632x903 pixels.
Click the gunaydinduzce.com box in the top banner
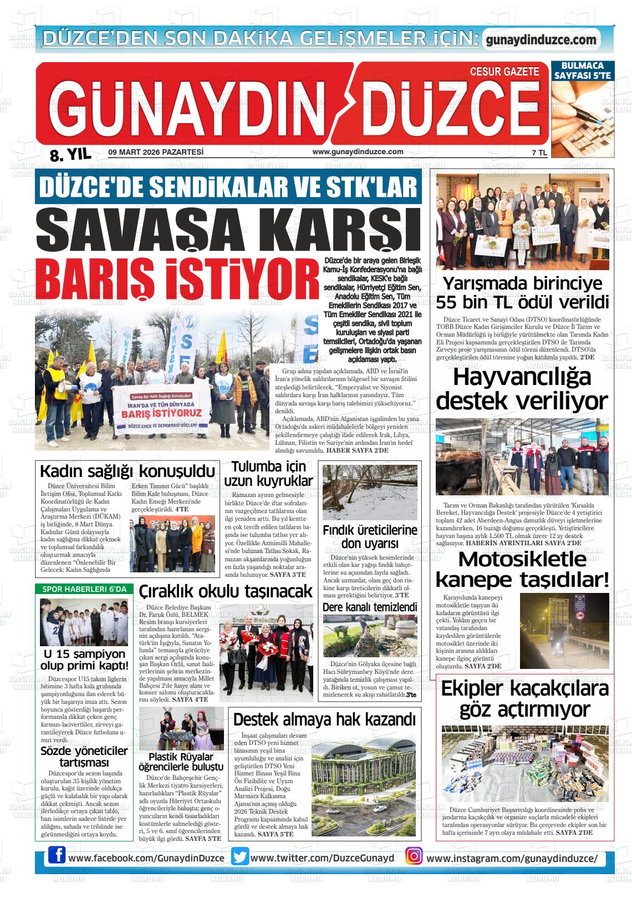(541, 39)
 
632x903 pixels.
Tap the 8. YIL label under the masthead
(70, 156)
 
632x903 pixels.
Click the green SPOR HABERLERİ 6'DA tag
(84, 589)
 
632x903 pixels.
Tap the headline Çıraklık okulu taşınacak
(225, 592)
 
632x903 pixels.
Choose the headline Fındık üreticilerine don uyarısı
(370, 536)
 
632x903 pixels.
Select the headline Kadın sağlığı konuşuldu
(127, 471)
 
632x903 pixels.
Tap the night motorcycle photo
(564, 631)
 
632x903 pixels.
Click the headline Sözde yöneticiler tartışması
(84, 757)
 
